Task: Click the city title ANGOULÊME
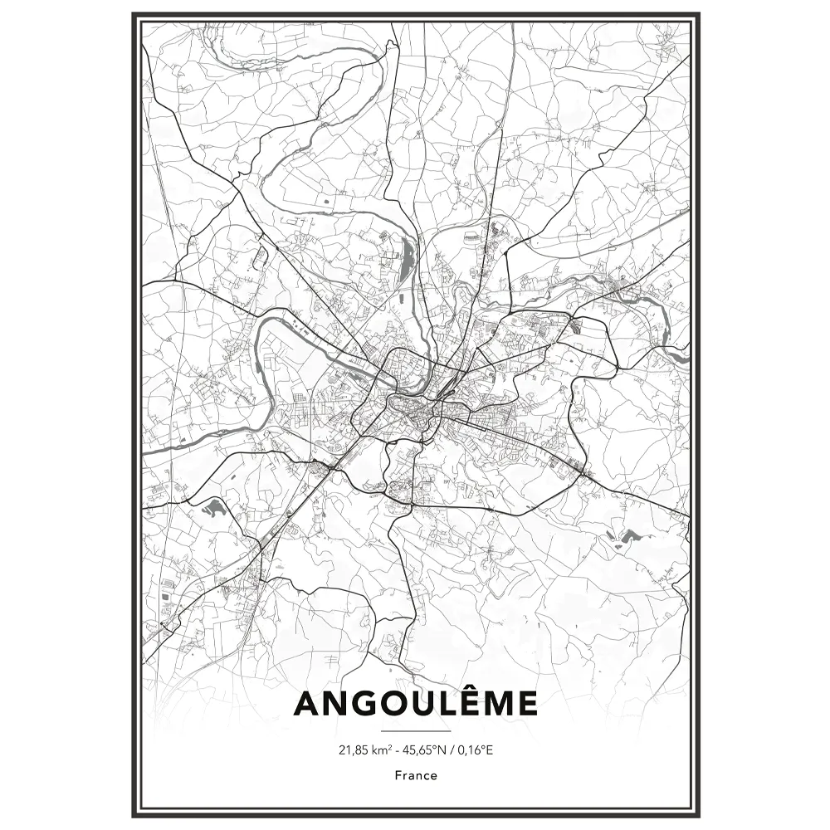coord(415,703)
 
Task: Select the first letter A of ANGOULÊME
coord(306,704)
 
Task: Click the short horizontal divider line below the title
coord(415,732)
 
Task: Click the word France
coord(415,776)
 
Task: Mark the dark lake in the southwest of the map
coord(213,508)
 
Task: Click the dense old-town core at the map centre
coord(411,407)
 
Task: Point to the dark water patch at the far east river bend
coord(679,357)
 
